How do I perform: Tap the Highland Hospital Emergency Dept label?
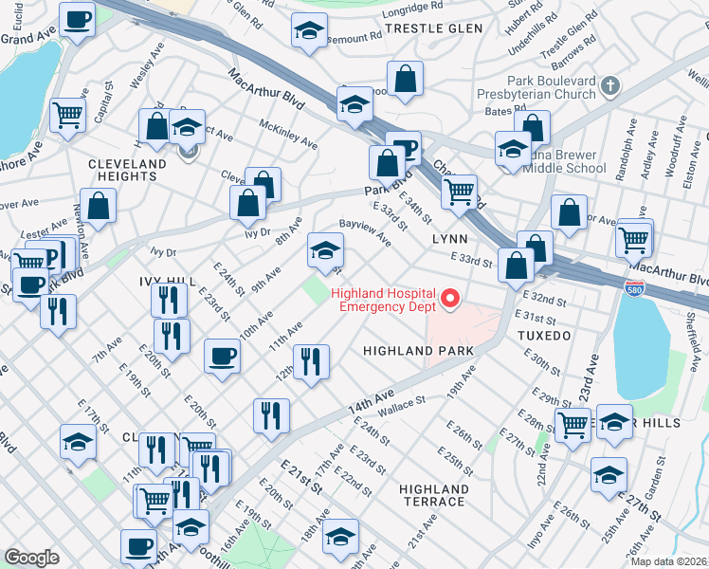[383, 299]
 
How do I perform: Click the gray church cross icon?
[610, 86]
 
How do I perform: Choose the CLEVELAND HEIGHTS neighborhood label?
[121, 170]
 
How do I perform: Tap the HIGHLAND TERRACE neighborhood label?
[433, 495]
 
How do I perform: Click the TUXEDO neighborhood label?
[544, 336]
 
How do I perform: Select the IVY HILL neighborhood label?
[166, 283]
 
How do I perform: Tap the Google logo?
[31, 557]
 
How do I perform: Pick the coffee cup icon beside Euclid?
[77, 18]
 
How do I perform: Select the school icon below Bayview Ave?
[324, 250]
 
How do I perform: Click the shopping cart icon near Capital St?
[66, 116]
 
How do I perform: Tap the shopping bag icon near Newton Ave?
[98, 204]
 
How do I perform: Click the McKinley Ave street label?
[292, 135]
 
